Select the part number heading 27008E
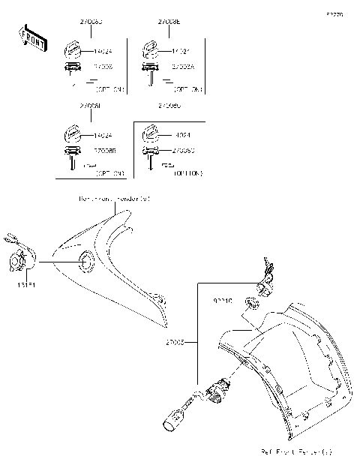pyautogui.click(x=169, y=23)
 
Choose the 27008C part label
pyautogui.click(x=183, y=150)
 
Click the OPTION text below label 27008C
pyautogui.click(x=187, y=171)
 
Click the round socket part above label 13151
pyautogui.click(x=19, y=262)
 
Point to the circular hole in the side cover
pyautogui.click(x=84, y=262)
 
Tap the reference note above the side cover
pyautogui.click(x=113, y=199)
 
